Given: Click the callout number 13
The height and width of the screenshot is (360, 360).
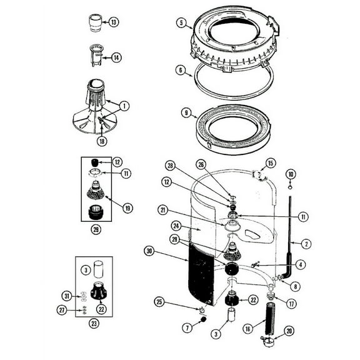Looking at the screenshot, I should click(113, 22).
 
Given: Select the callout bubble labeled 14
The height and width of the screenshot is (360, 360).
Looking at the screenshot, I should click(116, 57).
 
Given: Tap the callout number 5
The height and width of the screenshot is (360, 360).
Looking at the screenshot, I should click(181, 24).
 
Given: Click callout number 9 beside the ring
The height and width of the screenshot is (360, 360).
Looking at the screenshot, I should click(186, 113).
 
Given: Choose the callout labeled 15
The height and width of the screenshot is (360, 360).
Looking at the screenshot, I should click(270, 163).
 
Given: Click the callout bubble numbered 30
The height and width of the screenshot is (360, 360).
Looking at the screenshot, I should click(149, 251).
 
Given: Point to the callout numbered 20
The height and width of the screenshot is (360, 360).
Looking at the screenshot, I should click(288, 331).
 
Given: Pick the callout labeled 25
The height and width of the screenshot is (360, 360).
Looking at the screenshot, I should click(160, 302).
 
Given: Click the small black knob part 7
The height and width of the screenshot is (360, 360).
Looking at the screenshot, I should click(203, 320).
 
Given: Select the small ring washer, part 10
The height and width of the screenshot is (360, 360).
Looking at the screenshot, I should click(290, 186).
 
